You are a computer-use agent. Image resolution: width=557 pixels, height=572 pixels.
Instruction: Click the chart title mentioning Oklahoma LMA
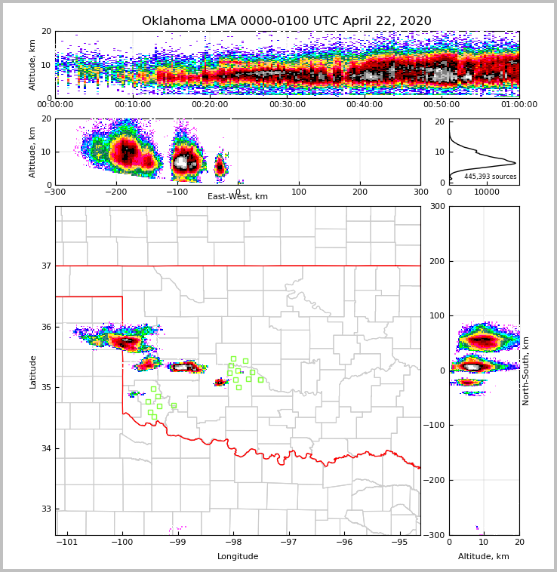tap(287, 21)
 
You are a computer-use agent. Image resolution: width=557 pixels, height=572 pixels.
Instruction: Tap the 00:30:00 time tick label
tap(287, 105)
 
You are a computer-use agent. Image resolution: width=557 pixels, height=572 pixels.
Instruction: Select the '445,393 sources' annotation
tap(491, 177)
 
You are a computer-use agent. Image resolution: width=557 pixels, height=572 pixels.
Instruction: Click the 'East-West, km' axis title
tap(238, 197)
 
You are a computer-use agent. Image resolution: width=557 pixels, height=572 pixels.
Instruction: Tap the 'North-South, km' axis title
tap(526, 371)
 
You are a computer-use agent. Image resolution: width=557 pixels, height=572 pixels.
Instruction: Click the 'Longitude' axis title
tap(238, 557)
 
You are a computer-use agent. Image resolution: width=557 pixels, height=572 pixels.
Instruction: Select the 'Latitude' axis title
tap(32, 371)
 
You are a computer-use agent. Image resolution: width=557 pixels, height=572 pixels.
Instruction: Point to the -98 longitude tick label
tap(233, 542)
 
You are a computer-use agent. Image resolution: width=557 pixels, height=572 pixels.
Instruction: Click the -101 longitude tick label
tap(68, 542)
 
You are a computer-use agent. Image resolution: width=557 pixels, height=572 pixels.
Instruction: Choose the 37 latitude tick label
tap(45, 266)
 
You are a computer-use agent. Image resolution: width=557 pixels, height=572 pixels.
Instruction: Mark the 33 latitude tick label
tap(45, 509)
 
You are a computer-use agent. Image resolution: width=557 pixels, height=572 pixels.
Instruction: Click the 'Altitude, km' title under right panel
tap(484, 557)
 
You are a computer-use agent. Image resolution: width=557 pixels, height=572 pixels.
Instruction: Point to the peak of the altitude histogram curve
tap(515, 163)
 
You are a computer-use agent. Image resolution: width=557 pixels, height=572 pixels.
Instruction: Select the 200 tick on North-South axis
tap(437, 261)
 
